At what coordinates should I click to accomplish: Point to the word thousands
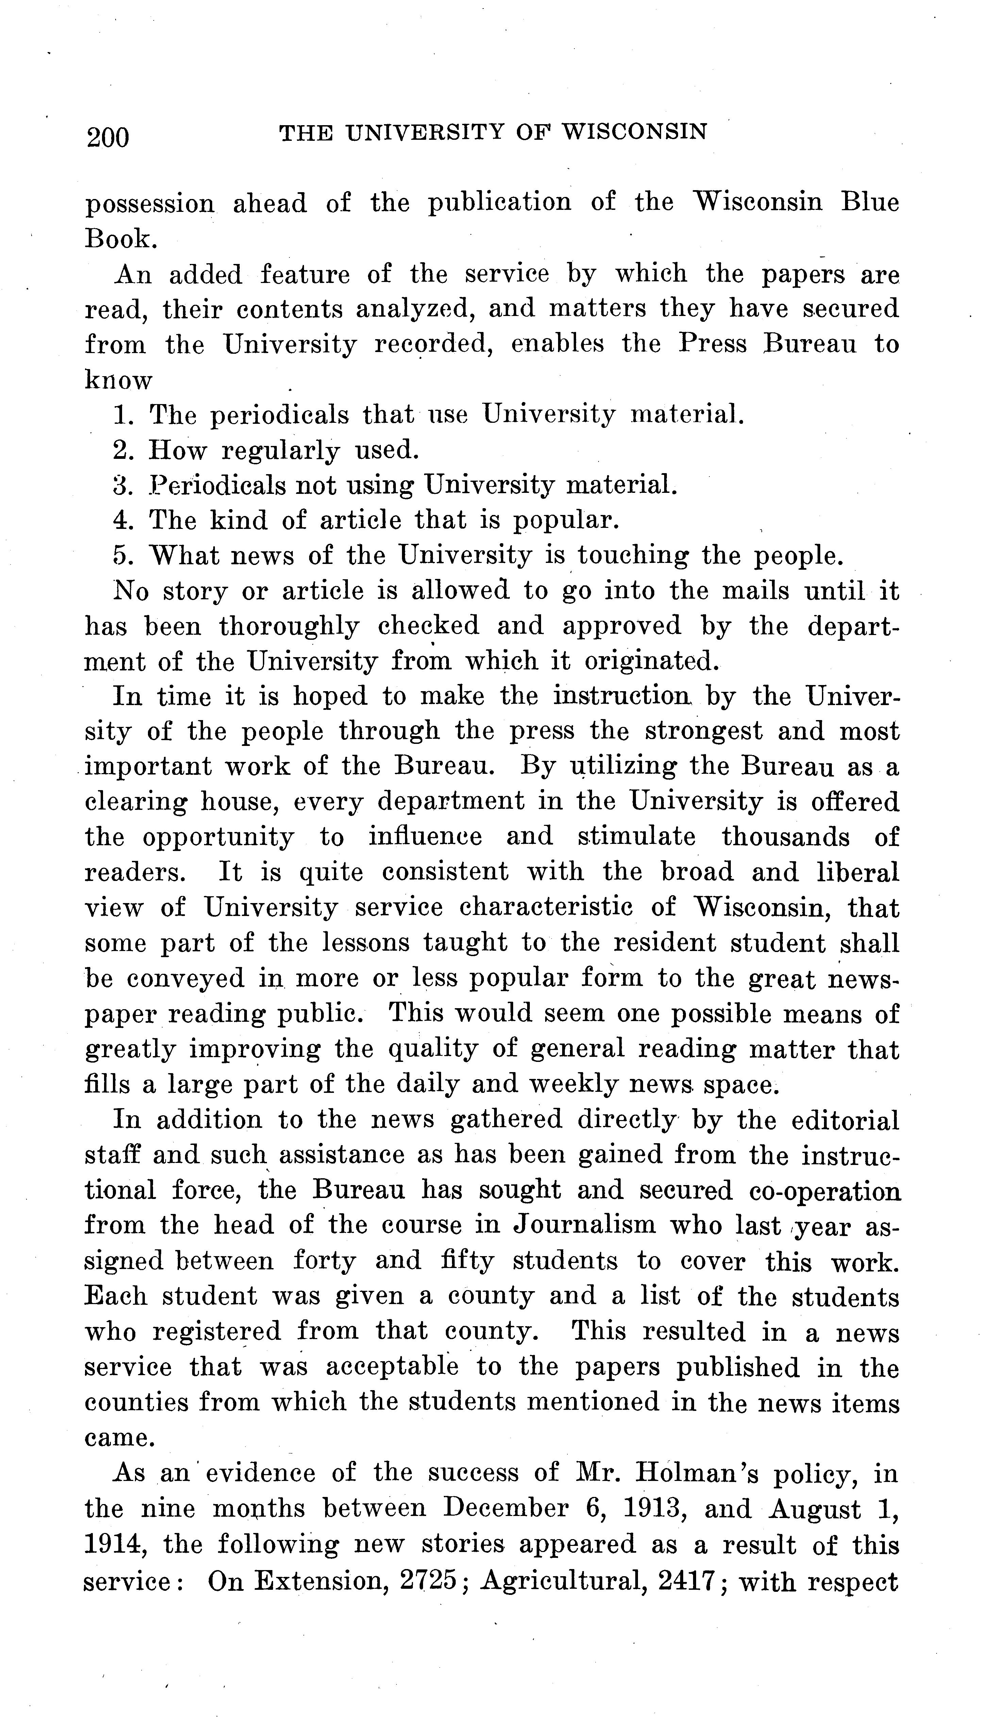(x=785, y=837)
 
